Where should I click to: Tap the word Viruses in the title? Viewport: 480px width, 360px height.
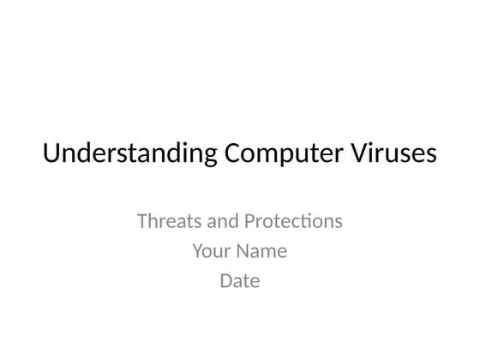tap(388, 154)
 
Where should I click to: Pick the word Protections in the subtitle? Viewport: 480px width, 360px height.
tap(292, 221)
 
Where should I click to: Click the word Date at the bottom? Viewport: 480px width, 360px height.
tap(240, 280)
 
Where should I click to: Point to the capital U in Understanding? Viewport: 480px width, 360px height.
tap(51, 154)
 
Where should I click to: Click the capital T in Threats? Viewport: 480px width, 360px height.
tap(142, 221)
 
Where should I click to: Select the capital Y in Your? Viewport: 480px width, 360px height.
tap(197, 252)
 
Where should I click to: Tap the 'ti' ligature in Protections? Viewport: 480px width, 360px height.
tap(314, 221)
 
